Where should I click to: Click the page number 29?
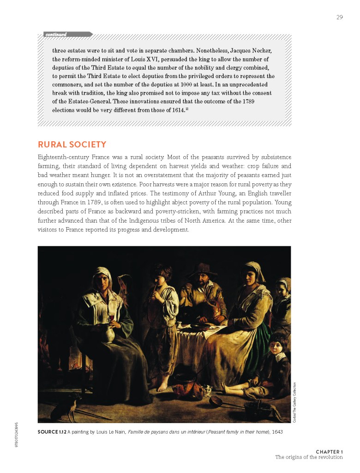339,18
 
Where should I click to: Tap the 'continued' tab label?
56,34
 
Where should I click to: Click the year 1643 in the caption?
276,432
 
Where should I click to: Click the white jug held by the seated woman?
108,333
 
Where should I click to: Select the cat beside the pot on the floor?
207,391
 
